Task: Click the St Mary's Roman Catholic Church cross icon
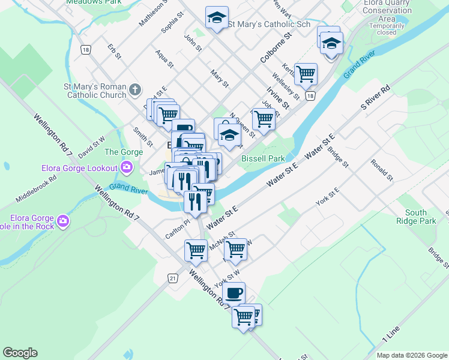[135, 91]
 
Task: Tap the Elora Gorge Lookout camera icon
[127, 167]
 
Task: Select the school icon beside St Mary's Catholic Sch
[217, 18]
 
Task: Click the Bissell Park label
[263, 158]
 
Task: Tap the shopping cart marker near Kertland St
[306, 74]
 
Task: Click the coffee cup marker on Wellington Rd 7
[234, 293]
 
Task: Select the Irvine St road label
[278, 97]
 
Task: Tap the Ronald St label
[381, 170]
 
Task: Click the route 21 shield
[173, 278]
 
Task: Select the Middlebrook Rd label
[36, 187]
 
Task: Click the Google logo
[20, 353]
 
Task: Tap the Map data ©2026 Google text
[412, 355]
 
